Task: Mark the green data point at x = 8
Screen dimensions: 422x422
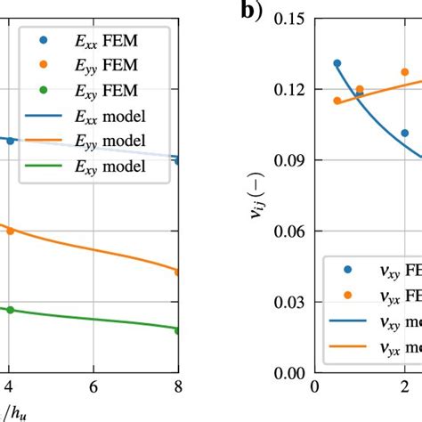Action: [x=178, y=330]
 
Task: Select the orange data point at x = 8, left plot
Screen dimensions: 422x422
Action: [x=178, y=272]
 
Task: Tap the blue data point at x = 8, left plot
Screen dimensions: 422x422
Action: [x=178, y=160]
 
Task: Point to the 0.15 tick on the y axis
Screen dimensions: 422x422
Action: [x=283, y=19]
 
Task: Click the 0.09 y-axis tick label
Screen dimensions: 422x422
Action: [x=283, y=160]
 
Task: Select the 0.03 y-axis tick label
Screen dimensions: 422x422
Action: [x=283, y=302]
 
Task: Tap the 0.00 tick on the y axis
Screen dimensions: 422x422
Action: [x=283, y=373]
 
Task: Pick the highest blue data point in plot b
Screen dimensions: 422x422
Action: [x=337, y=63]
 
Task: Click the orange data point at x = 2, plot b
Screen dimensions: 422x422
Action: [x=404, y=72]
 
